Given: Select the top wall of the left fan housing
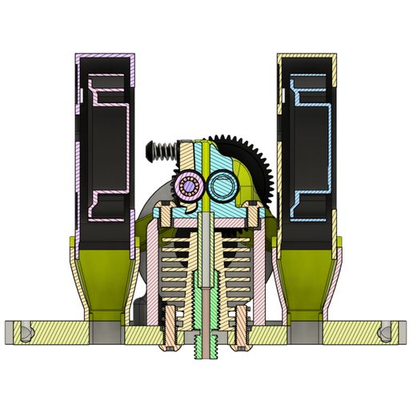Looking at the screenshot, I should pyautogui.click(x=105, y=58).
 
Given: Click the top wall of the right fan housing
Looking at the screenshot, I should pyautogui.click(x=307, y=58).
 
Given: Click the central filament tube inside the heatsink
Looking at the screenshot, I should pyautogui.click(x=206, y=264).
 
